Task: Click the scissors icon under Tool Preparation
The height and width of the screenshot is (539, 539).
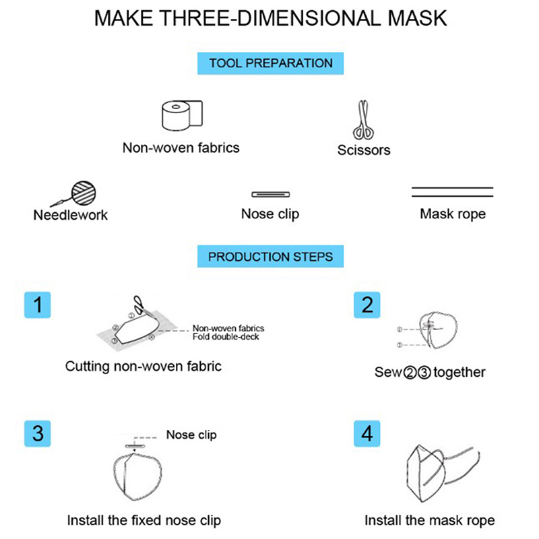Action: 363,120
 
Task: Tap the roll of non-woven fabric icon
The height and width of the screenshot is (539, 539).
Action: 182,115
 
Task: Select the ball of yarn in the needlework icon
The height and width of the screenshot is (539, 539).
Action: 84,193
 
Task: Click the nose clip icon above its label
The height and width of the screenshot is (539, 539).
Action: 271,195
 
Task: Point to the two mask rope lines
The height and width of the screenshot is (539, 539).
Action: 452,192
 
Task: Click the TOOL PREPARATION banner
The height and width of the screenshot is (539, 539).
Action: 271,63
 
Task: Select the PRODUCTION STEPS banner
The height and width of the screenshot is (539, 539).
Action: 271,257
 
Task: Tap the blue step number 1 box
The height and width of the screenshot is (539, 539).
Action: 38,305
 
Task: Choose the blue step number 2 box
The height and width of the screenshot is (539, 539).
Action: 367,305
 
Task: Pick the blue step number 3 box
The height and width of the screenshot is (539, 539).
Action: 38,433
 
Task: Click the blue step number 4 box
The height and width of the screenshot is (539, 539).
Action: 367,433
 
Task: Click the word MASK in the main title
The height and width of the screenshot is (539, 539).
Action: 417,18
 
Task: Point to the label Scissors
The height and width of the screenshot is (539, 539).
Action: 364,150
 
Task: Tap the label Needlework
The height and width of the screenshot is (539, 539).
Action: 71,215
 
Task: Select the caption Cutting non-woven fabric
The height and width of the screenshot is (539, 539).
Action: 144,367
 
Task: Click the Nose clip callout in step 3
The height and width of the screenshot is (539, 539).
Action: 191,435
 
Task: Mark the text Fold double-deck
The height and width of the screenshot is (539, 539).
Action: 226,337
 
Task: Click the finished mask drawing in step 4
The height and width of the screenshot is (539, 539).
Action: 443,473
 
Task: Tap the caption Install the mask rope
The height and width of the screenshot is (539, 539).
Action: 430,520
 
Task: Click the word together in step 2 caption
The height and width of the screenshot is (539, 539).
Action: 459,373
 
